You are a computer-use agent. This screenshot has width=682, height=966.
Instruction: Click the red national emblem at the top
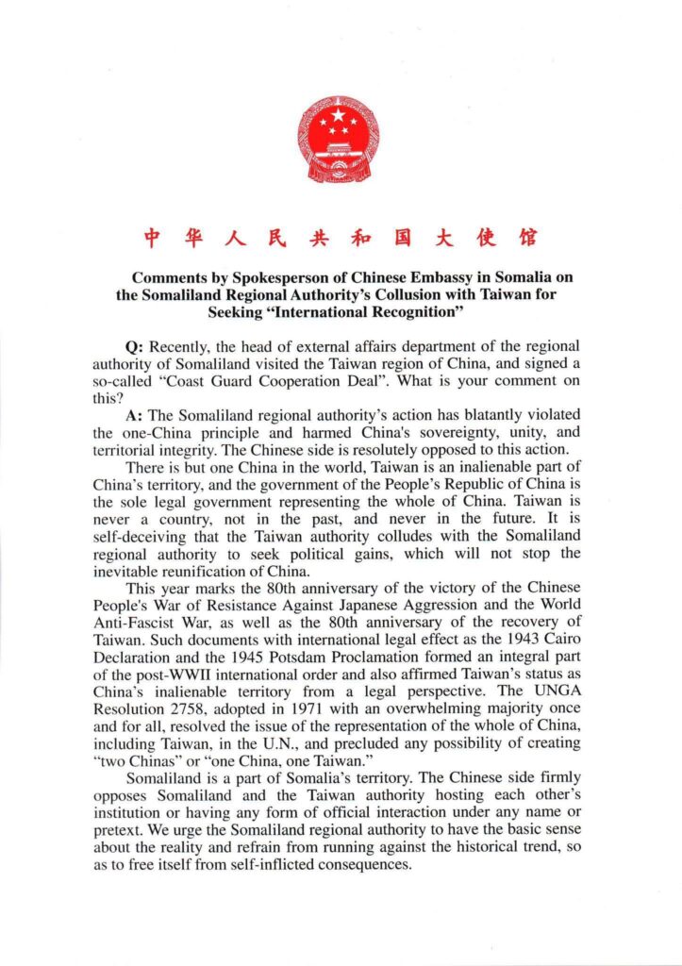341,139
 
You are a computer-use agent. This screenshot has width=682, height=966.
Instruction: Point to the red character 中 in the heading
151,237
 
